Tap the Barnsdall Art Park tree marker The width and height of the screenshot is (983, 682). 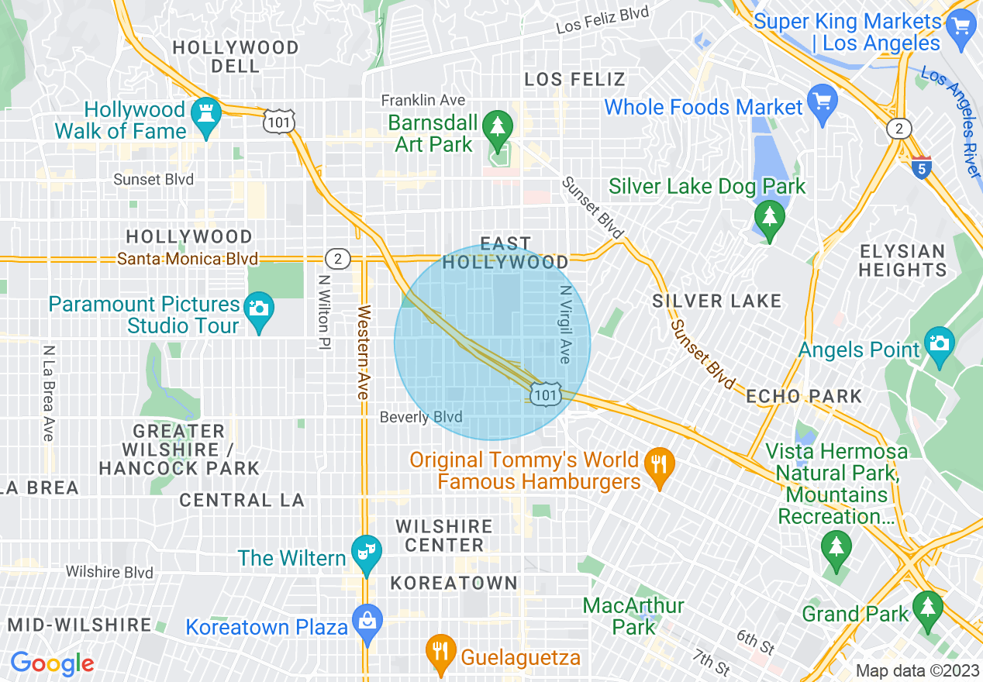[x=495, y=125]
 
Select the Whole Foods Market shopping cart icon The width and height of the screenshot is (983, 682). [x=822, y=100]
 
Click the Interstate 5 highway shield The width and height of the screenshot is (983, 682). [x=921, y=167]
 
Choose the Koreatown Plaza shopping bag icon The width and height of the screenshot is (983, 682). [x=367, y=620]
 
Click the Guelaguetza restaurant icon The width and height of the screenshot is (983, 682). [x=441, y=649]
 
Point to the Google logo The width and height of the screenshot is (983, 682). [x=52, y=663]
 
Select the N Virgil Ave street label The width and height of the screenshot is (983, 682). [x=564, y=324]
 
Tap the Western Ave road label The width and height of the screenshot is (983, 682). [x=362, y=353]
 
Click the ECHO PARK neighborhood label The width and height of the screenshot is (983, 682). [x=803, y=396]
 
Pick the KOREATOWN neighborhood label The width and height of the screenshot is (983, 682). [x=454, y=583]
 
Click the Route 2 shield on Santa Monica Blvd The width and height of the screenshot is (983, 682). [x=338, y=257]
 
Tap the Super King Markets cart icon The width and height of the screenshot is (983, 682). [x=961, y=28]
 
